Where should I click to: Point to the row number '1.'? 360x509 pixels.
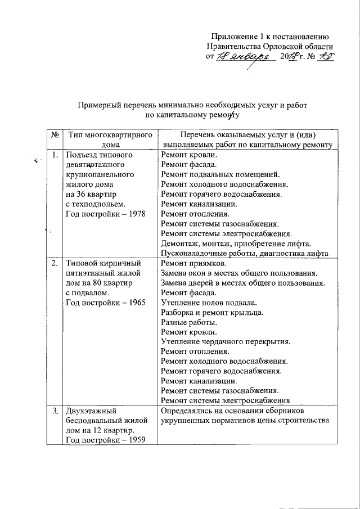pyautogui.click(x=54, y=154)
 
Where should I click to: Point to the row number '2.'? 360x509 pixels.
pyautogui.click(x=54, y=263)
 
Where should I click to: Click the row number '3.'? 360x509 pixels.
pyautogui.click(x=54, y=411)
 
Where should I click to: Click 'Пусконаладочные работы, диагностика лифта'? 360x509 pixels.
pyautogui.click(x=244, y=254)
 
